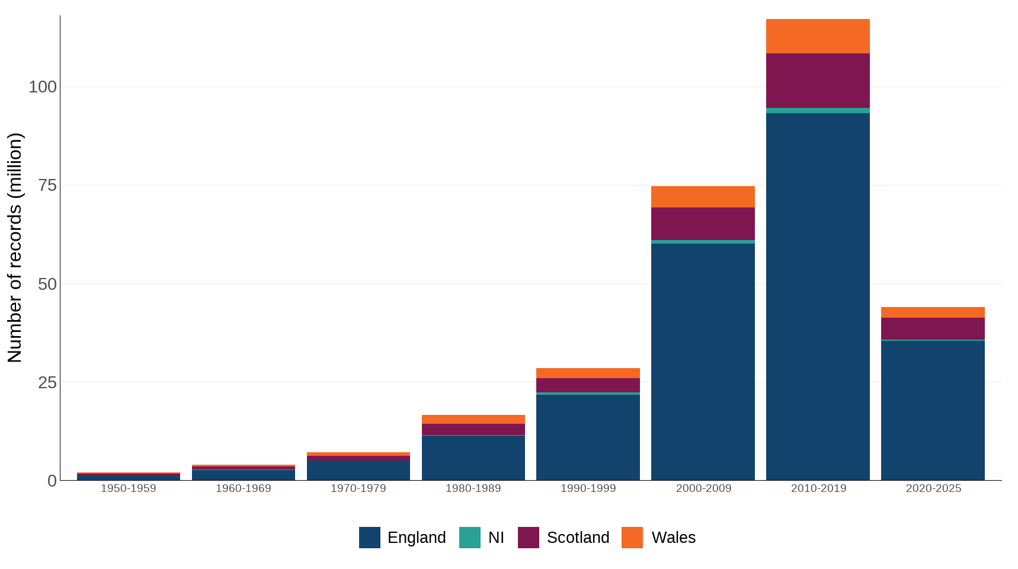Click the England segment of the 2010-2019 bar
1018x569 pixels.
(818, 296)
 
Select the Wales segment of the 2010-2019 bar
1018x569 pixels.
(818, 36)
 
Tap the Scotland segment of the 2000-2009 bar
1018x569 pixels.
(703, 223)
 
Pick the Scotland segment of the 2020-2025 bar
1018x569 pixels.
(933, 328)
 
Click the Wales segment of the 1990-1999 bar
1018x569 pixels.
(588, 373)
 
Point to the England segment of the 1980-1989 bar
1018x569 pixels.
(473, 458)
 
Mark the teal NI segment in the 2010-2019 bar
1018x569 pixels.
(818, 110)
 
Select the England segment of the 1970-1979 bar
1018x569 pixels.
(358, 471)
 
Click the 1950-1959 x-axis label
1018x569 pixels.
(128, 488)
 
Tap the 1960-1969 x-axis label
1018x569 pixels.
(243, 488)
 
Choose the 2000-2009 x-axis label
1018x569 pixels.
(703, 488)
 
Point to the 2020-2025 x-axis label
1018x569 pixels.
(933, 488)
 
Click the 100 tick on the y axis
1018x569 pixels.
(43, 87)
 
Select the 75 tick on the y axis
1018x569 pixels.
(47, 186)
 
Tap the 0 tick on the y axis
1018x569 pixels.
(52, 481)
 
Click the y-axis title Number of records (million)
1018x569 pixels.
(15, 248)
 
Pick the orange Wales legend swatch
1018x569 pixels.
(632, 538)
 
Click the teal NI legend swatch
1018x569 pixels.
(469, 538)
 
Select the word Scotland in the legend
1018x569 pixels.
(578, 538)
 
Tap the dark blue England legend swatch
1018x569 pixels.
(369, 538)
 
